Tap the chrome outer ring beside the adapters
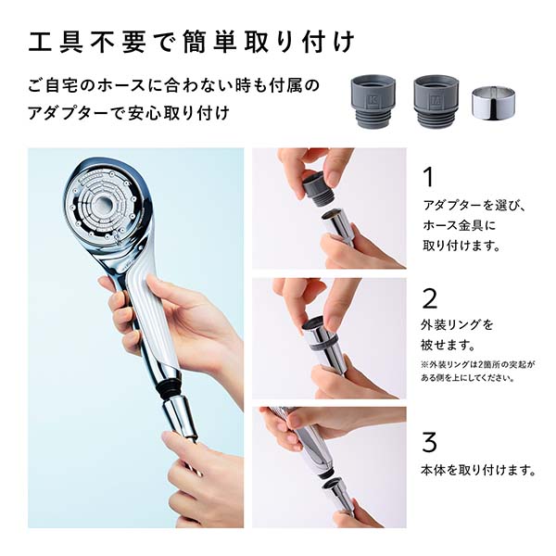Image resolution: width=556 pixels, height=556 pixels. point(493,104)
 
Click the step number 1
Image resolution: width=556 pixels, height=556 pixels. point(428,177)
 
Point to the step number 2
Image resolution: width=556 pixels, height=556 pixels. point(429,297)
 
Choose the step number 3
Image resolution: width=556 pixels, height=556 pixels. point(429,441)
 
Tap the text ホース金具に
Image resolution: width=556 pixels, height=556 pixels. point(461,225)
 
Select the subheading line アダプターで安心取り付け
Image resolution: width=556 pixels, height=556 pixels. point(129,113)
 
